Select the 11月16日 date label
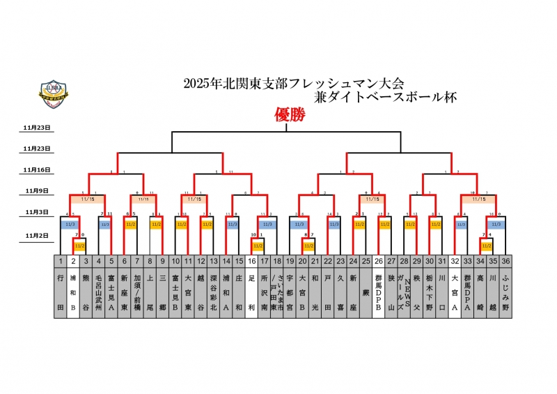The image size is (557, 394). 38,169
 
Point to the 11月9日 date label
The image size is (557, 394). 38,190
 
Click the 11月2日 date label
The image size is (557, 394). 38,236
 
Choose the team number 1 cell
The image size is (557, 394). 61,261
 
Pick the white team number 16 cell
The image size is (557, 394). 251,261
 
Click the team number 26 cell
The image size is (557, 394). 378,261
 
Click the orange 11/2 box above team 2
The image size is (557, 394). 79,246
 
